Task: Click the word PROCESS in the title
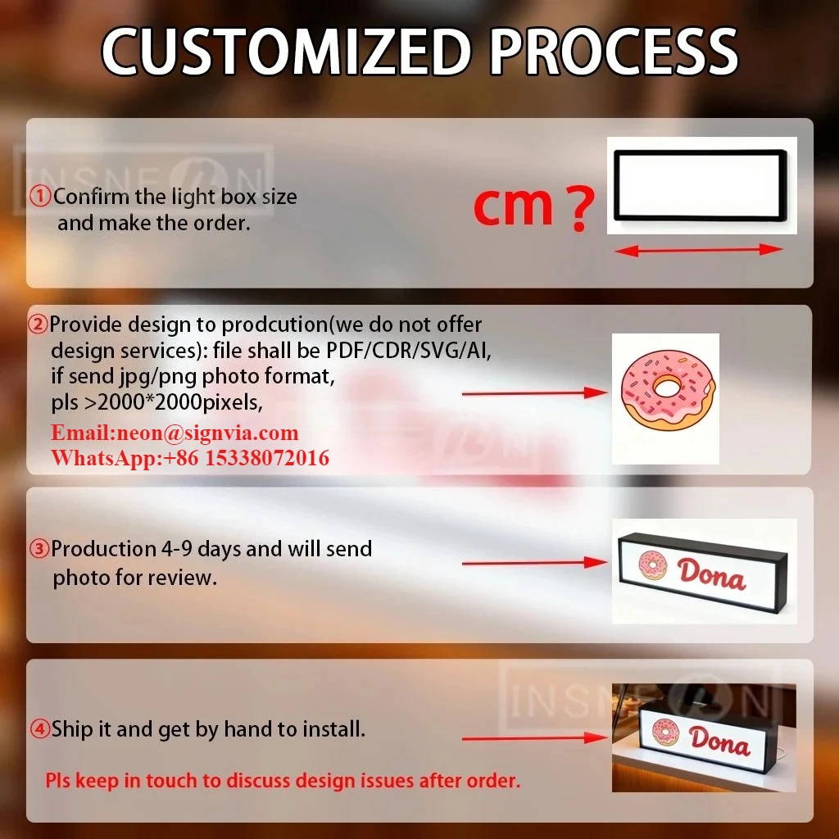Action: (614, 53)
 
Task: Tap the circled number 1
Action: (40, 197)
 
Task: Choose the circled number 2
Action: (39, 324)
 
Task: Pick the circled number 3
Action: (39, 549)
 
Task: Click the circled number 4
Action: (40, 728)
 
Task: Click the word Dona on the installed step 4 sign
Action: (719, 741)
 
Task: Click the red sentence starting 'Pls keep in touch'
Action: (283, 781)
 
